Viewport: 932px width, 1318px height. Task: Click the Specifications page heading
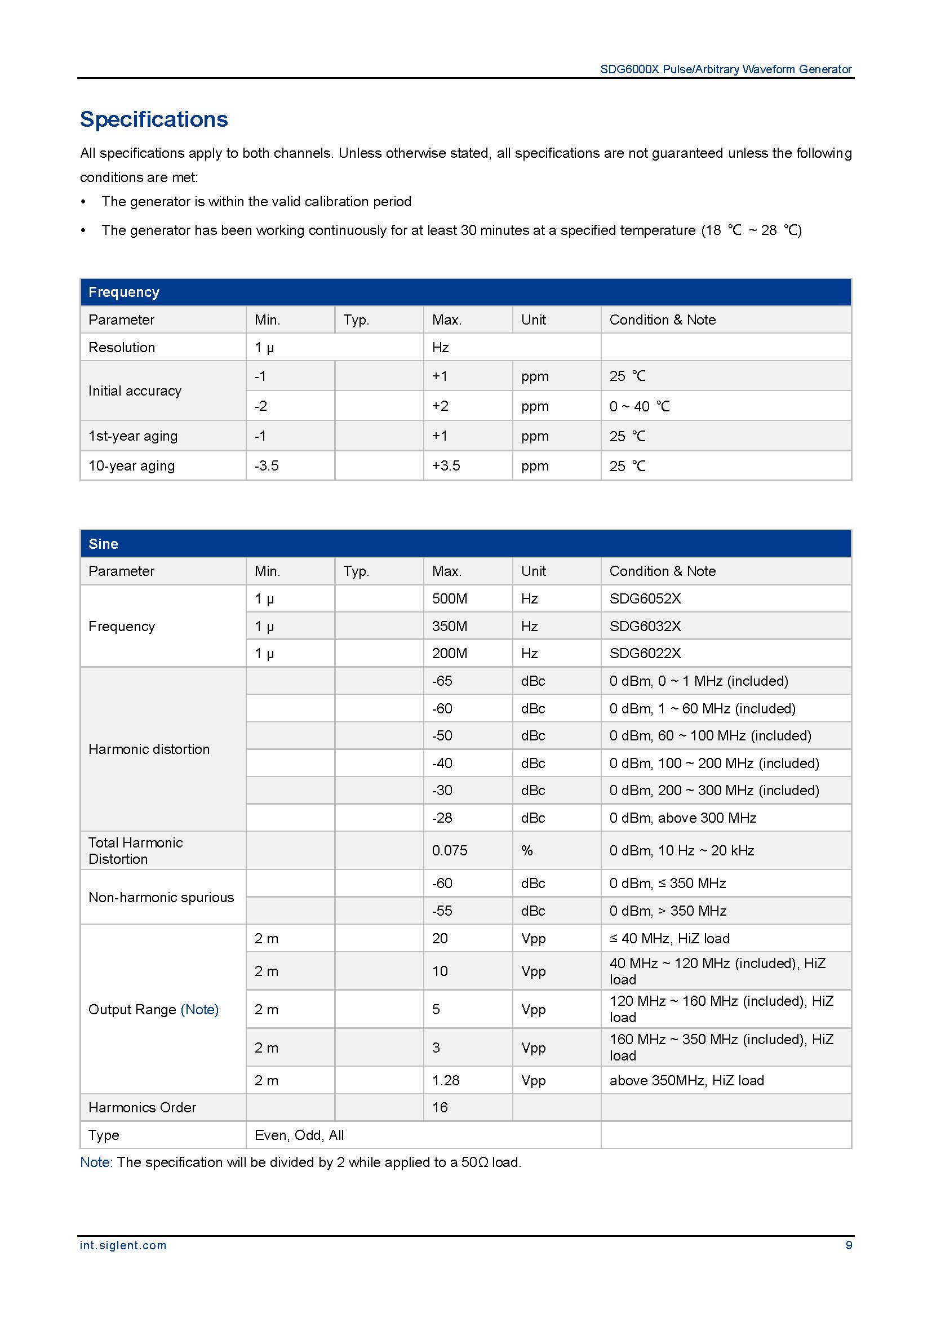point(154,119)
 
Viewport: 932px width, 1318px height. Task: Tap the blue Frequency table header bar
point(465,292)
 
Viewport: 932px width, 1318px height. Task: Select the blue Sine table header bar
point(465,543)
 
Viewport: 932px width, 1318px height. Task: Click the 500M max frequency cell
point(449,599)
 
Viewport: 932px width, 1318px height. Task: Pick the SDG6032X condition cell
point(645,625)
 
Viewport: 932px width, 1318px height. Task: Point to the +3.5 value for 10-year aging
point(446,465)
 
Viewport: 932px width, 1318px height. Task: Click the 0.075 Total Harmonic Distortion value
point(449,850)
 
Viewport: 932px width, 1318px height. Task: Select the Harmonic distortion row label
point(149,749)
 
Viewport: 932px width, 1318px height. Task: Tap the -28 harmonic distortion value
point(442,818)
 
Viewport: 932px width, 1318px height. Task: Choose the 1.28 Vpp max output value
point(445,1080)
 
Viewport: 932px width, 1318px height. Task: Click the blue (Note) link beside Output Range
point(199,1009)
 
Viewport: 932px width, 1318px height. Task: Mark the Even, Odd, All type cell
point(299,1135)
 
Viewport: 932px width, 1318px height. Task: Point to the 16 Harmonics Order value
point(440,1107)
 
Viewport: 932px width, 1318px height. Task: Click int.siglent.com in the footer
point(123,1245)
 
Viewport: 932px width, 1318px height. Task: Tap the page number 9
point(849,1245)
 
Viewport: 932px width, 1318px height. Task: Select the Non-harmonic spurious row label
point(161,897)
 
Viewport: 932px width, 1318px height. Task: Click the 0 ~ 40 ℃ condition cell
point(640,406)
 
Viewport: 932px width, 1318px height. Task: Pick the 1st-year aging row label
point(132,436)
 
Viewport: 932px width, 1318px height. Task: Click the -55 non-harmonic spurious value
point(442,911)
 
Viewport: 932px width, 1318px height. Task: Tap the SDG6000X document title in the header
point(725,69)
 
